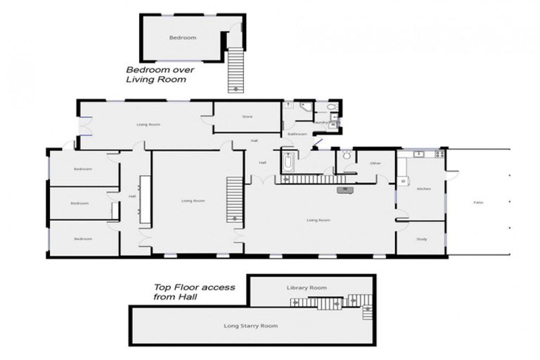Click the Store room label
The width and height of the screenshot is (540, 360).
(247, 117)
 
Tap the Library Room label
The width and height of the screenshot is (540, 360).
(307, 288)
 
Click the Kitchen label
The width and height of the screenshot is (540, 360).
(423, 188)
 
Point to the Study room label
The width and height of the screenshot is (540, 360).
(421, 239)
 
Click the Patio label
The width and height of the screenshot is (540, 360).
(478, 202)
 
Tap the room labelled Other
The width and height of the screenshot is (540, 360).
(375, 163)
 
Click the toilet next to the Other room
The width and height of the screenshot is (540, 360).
(346, 155)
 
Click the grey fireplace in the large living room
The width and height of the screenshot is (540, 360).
(344, 190)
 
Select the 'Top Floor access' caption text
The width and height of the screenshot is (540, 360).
(194, 288)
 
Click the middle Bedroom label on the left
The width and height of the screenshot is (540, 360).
(79, 203)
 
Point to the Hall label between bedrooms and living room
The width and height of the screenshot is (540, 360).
(131, 196)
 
